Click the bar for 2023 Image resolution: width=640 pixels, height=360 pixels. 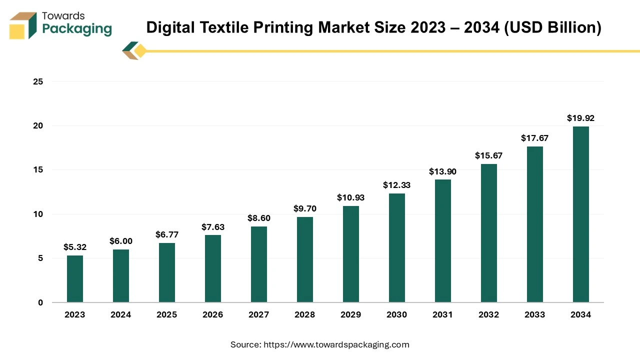pyautogui.click(x=75, y=279)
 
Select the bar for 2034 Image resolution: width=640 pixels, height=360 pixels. pyautogui.click(x=581, y=214)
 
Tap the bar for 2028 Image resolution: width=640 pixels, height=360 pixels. pyautogui.click(x=305, y=259)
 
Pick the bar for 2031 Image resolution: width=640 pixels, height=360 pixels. pyautogui.click(x=443, y=241)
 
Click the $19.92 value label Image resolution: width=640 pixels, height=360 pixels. pyautogui.click(x=580, y=118)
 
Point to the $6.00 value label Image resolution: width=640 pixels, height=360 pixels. pyautogui.click(x=121, y=241)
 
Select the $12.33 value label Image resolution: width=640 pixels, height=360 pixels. pyautogui.click(x=396, y=185)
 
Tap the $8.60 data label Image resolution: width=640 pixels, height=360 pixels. pyautogui.click(x=258, y=218)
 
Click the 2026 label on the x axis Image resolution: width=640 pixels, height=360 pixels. pyautogui.click(x=213, y=314)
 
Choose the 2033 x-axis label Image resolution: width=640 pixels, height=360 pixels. pyautogui.click(x=534, y=314)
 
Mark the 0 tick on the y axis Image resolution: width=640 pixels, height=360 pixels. pyautogui.click(x=40, y=302)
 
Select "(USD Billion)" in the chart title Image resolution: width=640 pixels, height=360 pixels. pyautogui.click(x=552, y=28)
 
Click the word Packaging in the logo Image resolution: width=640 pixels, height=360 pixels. pyautogui.click(x=77, y=28)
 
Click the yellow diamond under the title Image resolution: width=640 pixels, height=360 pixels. pyautogui.click(x=140, y=50)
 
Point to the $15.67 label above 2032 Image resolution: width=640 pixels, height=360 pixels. pyautogui.click(x=488, y=155)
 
